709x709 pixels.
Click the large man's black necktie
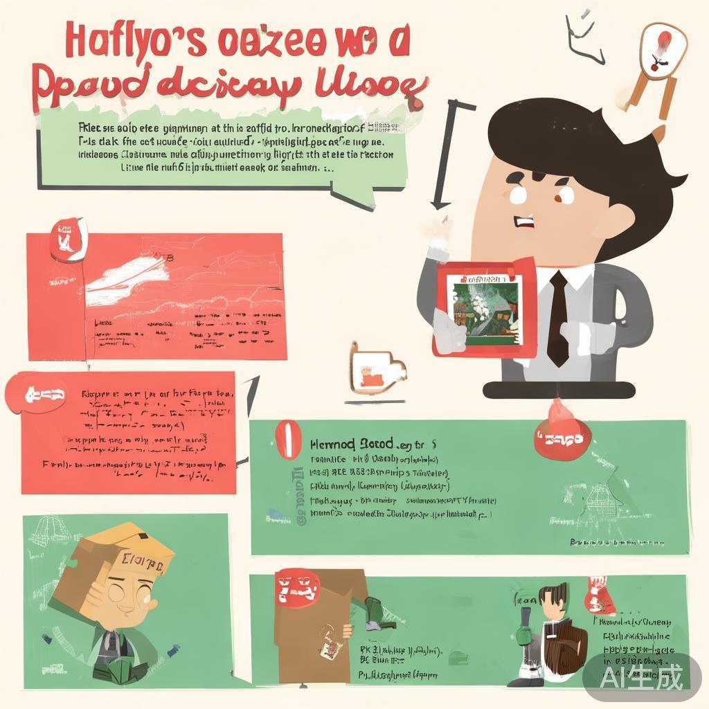coord(558,318)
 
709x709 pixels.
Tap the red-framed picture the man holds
coord(484,309)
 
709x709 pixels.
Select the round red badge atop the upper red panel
coord(68,239)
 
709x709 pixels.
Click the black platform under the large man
coord(558,391)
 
